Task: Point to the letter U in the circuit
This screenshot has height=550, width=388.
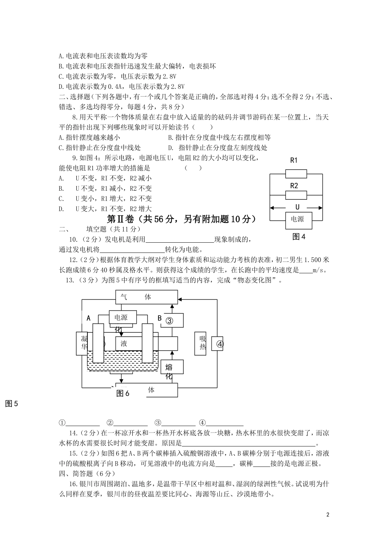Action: point(297,207)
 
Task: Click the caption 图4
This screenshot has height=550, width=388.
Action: point(299,237)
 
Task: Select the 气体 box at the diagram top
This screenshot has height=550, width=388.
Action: point(147,297)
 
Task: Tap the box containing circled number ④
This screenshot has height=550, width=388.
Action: point(220,344)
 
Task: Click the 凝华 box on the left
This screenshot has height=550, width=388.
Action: point(83,343)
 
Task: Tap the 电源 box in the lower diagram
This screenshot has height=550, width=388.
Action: point(121,318)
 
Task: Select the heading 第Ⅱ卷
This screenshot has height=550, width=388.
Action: point(122,219)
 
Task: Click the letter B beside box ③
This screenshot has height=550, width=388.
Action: point(160,318)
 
